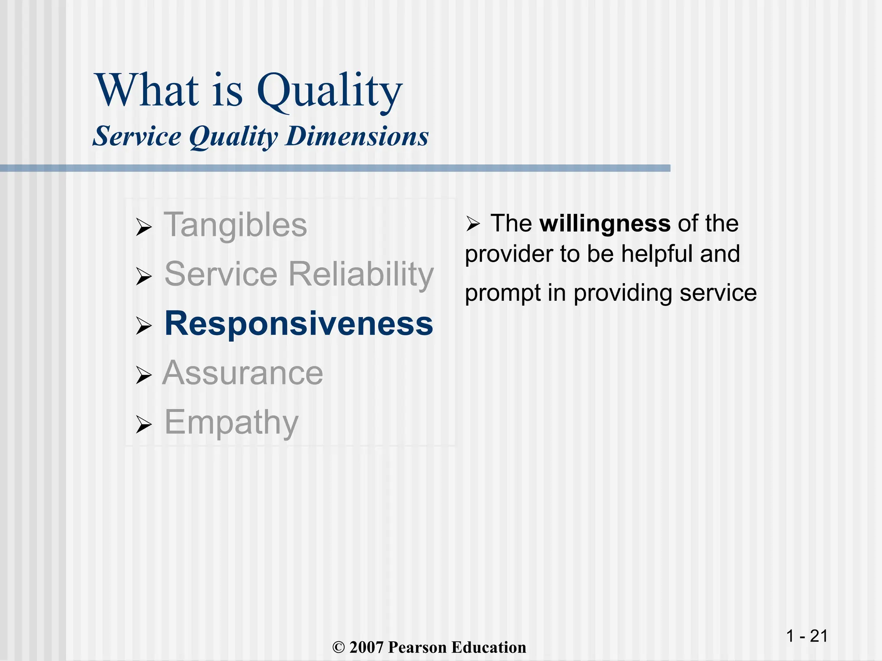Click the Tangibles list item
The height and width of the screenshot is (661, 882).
(235, 225)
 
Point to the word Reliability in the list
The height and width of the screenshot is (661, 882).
(361, 274)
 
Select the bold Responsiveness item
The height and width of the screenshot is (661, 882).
(299, 324)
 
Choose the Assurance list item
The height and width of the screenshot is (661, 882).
(243, 373)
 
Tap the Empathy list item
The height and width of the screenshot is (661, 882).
(231, 423)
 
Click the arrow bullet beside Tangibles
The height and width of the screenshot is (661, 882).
(143, 227)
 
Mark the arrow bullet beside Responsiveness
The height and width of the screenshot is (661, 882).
(143, 326)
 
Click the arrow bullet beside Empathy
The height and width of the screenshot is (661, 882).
(143, 425)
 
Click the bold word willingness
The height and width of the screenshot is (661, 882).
(605, 224)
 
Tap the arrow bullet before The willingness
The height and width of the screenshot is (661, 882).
(472, 224)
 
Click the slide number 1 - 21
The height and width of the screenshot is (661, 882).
(807, 636)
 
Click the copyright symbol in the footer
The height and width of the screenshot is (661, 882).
(339, 648)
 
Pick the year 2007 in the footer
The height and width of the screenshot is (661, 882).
(366, 648)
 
